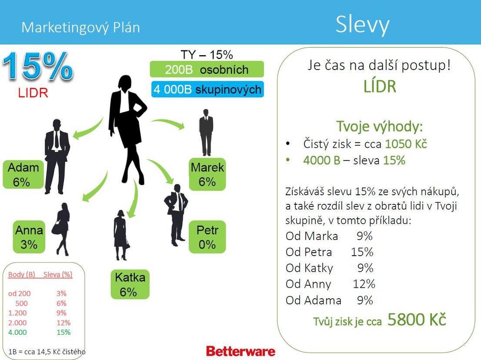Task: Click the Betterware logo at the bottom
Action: (240, 351)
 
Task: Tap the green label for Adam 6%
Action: (23, 174)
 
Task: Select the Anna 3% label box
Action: (29, 237)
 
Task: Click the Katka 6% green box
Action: (130, 284)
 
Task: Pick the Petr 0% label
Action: (207, 237)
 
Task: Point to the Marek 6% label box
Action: (207, 174)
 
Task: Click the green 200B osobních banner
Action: (207, 69)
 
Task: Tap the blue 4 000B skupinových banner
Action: (207, 89)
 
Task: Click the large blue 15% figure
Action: (38, 66)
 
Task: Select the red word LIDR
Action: (33, 93)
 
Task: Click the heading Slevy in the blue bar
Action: (362, 24)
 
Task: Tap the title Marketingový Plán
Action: (81, 27)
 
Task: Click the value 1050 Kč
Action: (406, 144)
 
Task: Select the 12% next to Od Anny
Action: (364, 284)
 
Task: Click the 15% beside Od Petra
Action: (362, 252)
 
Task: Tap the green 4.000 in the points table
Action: (17, 332)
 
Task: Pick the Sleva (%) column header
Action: (58, 274)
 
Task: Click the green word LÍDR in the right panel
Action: (380, 87)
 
